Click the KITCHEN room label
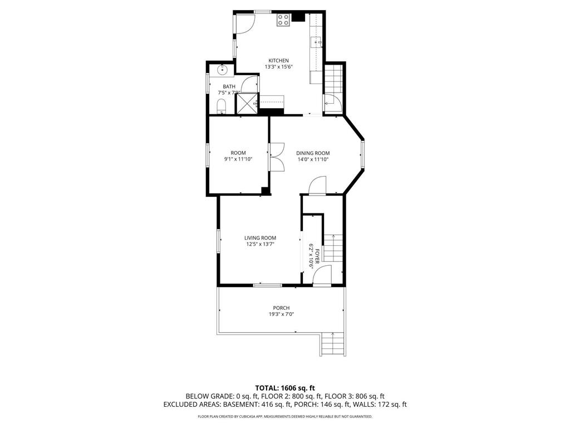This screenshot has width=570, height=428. pos(278,61)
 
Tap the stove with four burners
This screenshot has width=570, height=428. pos(283,20)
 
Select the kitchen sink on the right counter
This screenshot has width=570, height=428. pos(319,41)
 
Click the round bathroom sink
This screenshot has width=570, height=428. pos(222,70)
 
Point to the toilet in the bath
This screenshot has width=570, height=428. pos(220,106)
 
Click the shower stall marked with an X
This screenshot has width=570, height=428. pos(247,103)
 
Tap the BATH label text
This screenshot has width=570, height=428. pos(229,86)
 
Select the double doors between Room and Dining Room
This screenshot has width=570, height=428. pos(276,157)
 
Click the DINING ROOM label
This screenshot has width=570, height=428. pos(312,153)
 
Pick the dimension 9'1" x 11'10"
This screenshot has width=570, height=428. pos(238,159)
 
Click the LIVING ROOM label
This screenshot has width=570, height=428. pos(260,238)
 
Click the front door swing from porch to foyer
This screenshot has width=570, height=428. pos(322,276)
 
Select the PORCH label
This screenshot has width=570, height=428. pos(281,308)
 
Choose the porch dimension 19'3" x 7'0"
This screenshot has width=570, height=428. pos(281,314)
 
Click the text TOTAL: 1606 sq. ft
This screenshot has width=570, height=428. pos(285,387)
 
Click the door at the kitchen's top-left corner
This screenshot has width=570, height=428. pos(245,22)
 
